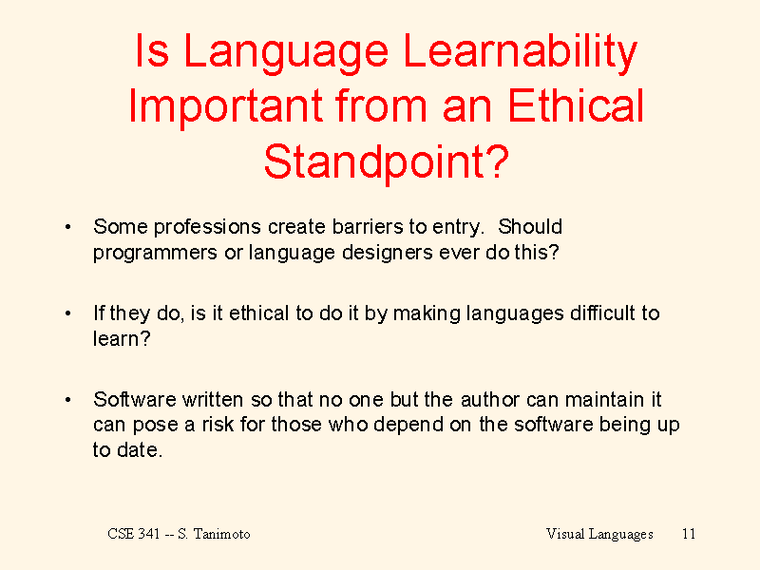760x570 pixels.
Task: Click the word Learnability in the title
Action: coord(520,53)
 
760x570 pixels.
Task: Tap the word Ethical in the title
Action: coord(576,105)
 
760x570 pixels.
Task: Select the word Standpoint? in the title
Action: coord(387,163)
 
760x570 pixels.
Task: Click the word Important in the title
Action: coord(225,107)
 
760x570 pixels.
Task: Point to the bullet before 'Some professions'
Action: coord(67,227)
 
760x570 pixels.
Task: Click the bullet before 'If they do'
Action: coord(67,313)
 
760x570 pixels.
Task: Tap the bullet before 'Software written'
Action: coord(67,400)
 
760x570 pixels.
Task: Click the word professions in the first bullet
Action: coord(207,228)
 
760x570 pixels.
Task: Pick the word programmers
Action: coord(155,254)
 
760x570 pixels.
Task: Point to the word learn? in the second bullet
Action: coord(122,338)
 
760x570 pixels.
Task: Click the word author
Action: coord(489,399)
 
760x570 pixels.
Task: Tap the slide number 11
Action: coord(689,534)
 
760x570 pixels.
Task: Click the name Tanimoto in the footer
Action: coord(222,534)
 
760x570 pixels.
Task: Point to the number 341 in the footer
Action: coord(148,534)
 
